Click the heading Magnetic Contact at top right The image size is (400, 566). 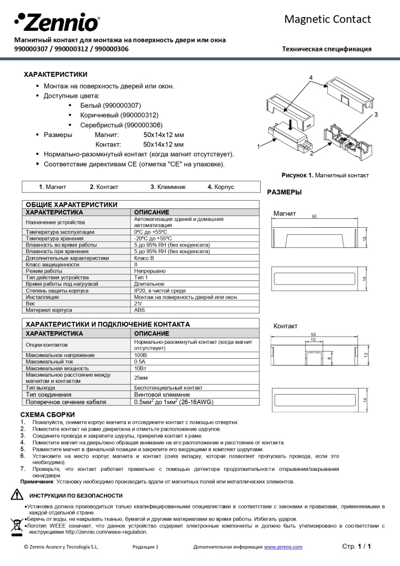327,19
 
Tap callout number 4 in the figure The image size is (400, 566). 312,77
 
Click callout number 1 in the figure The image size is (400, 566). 258,146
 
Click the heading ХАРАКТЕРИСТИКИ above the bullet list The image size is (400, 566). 55,74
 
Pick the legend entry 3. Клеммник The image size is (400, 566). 168,187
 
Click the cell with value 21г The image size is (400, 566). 139,303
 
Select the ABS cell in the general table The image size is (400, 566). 140,310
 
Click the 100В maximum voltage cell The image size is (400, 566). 140,354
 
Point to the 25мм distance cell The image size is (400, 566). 141,378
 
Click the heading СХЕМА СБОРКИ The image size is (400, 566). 48,415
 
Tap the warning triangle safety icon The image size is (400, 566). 17,495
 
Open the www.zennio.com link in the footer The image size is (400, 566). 283,547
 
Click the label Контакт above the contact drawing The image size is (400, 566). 285,326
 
